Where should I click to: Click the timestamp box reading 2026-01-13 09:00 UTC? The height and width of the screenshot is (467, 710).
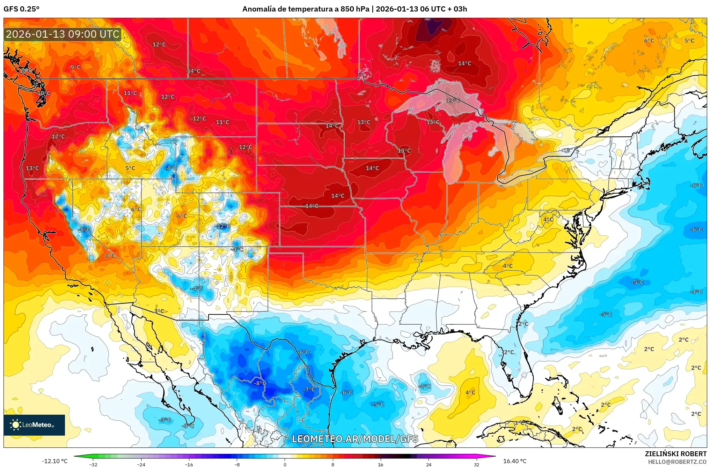(63, 34)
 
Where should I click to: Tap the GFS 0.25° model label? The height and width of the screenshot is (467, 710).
(21, 9)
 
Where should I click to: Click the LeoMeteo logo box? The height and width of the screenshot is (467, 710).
(34, 425)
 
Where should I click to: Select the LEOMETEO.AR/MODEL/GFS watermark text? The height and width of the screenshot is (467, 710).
(355, 439)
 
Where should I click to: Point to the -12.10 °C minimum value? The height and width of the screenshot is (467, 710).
(55, 461)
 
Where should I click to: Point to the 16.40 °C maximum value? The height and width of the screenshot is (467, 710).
(514, 461)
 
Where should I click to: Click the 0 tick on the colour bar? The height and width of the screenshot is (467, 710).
(285, 465)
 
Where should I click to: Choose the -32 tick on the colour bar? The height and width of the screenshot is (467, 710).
(93, 465)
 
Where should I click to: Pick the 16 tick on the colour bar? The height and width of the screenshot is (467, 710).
(380, 465)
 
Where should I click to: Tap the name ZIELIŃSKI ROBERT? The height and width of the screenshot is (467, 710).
(675, 454)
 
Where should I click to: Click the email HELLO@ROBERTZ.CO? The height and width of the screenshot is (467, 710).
(677, 462)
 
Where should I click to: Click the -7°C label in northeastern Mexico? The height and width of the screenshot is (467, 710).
(309, 389)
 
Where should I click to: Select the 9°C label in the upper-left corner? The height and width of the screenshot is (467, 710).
(75, 67)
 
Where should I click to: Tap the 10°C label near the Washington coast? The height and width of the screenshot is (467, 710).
(44, 93)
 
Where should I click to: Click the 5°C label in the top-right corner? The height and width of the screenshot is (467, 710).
(689, 41)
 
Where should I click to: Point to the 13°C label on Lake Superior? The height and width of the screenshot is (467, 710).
(453, 100)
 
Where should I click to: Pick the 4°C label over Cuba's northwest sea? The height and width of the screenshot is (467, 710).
(470, 392)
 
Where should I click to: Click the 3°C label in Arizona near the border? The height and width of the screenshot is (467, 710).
(159, 311)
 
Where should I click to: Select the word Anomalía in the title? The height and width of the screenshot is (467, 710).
(259, 9)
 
